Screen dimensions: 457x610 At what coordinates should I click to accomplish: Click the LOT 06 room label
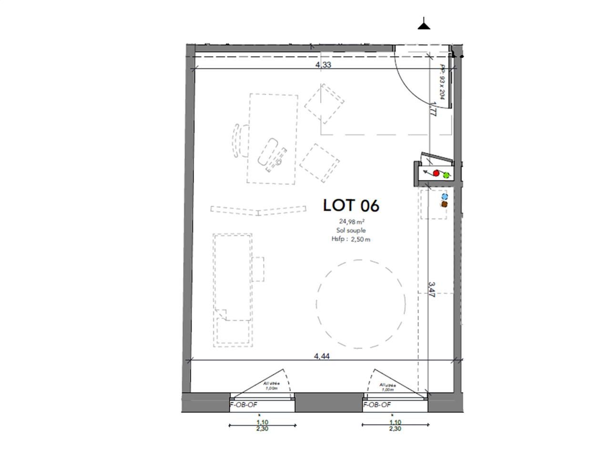coord(351,206)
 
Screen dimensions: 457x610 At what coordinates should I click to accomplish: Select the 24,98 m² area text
coord(352,221)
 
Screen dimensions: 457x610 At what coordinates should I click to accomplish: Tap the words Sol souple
coord(351,230)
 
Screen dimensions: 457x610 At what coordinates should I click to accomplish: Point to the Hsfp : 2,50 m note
coord(351,239)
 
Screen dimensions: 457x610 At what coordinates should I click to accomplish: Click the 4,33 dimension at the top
coord(323,65)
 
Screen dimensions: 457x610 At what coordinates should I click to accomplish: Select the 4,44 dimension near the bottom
coord(321,356)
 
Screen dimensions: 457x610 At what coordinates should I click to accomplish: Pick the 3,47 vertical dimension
coord(431,289)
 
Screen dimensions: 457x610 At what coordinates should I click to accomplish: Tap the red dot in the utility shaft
coord(436,173)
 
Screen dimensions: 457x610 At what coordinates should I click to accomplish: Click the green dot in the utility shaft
coord(447,175)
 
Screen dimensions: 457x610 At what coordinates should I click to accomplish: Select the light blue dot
coord(445,196)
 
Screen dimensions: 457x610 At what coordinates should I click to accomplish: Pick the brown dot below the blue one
coord(445,204)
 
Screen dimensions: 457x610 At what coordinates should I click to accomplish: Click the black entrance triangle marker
coord(424,24)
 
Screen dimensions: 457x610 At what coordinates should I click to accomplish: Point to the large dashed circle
coord(361,303)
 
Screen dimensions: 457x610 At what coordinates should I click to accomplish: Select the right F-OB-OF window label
coord(377,405)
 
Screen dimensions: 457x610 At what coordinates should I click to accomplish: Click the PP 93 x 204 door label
coord(442,82)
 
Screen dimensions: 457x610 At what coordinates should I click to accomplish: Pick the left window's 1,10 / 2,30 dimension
coord(262,425)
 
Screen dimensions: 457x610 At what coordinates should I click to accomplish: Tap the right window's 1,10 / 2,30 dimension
coord(395,425)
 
